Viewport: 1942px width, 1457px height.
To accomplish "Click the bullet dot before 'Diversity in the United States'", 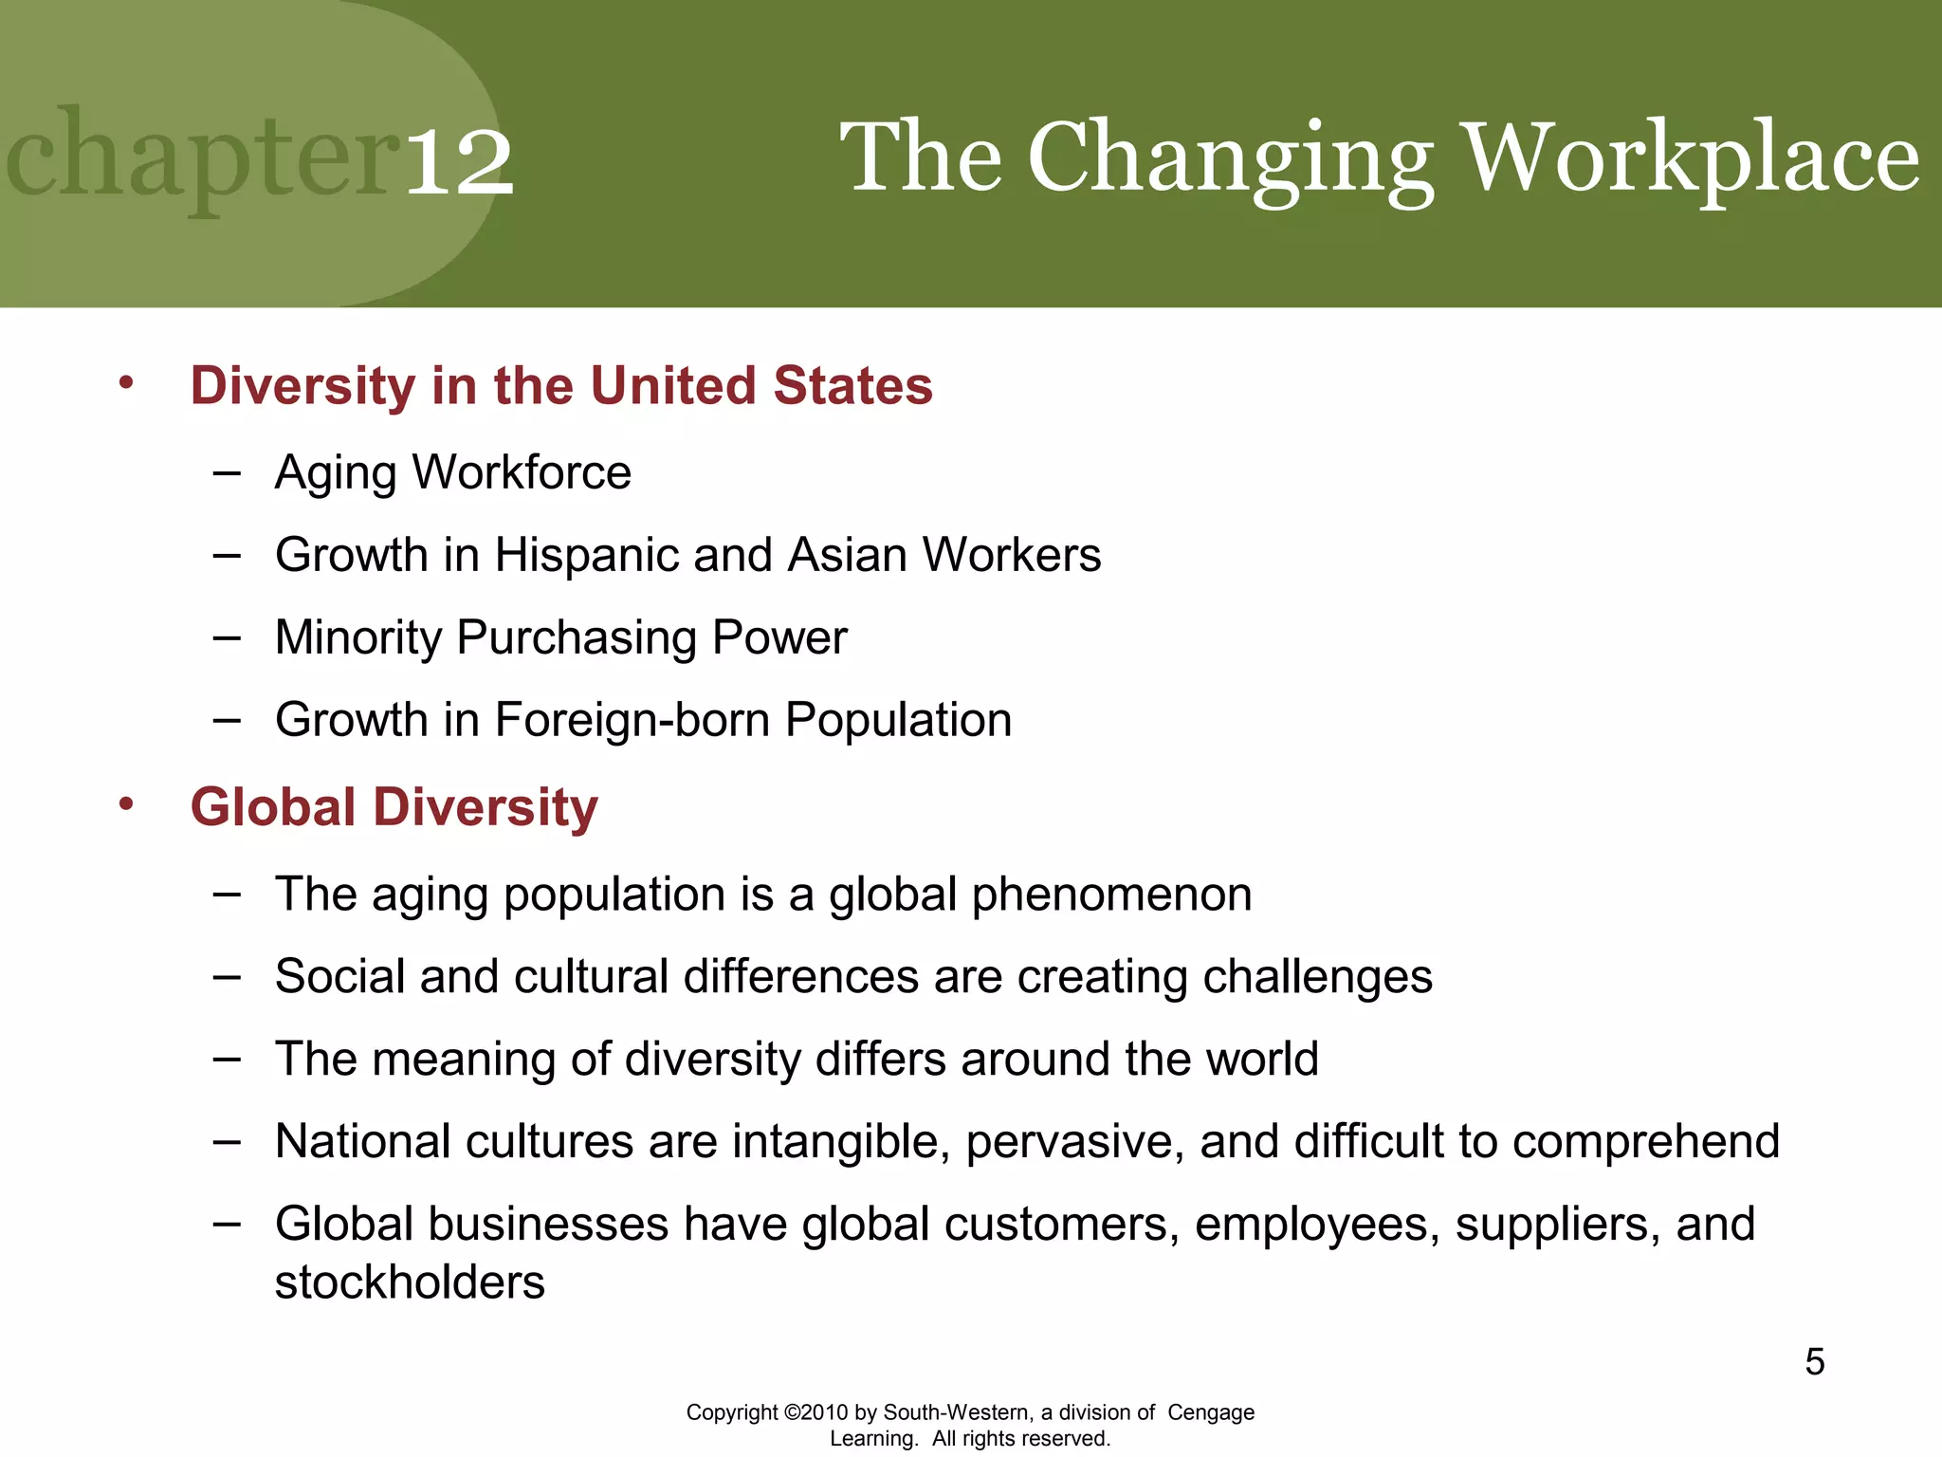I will click(x=126, y=383).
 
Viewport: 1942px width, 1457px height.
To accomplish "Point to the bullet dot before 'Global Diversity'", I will click(x=126, y=804).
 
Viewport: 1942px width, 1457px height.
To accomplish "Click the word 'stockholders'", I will click(x=410, y=1282).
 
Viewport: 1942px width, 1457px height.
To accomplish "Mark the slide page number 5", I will click(x=1814, y=1362).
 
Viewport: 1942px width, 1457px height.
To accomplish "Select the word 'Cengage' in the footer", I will click(x=1211, y=1412).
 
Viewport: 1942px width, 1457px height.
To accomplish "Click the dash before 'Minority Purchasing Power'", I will click(x=227, y=637).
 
